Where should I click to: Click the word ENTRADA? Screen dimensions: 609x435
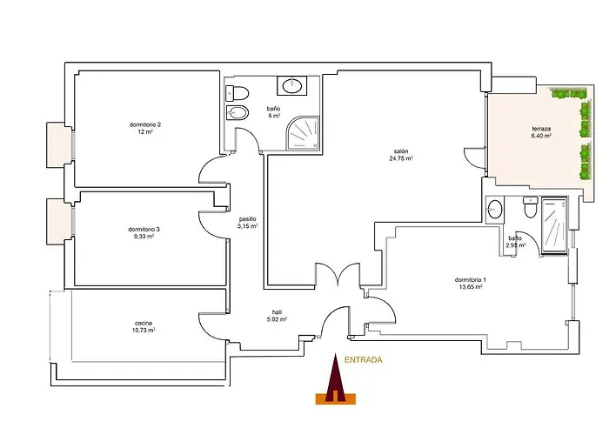[363, 360]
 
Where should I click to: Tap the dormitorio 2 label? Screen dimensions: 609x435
[145, 124]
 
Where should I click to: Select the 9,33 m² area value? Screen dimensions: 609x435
[144, 236]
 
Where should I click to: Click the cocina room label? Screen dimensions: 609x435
[144, 323]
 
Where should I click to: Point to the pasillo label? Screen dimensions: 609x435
[247, 219]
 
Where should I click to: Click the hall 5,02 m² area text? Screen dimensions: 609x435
[277, 319]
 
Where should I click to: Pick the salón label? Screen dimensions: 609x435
[401, 151]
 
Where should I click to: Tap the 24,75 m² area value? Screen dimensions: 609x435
[401, 158]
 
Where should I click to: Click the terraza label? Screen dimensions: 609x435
[541, 129]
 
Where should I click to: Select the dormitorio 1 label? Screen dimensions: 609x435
[471, 279]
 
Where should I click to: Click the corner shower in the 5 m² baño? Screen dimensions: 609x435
[303, 133]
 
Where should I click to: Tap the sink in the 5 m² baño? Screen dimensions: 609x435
[291, 85]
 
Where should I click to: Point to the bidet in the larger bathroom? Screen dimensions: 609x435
[237, 113]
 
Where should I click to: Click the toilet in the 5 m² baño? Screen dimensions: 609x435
[237, 94]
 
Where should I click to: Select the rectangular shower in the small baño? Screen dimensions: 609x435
[554, 225]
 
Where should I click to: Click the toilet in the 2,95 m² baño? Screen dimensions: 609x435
[530, 207]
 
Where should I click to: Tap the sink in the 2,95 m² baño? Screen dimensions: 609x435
[495, 210]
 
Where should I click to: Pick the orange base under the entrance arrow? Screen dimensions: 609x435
[336, 398]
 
